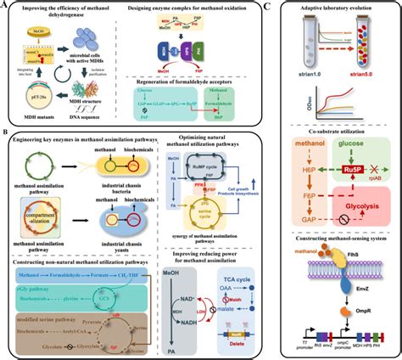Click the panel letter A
pyautogui.click(x=5, y=5)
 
